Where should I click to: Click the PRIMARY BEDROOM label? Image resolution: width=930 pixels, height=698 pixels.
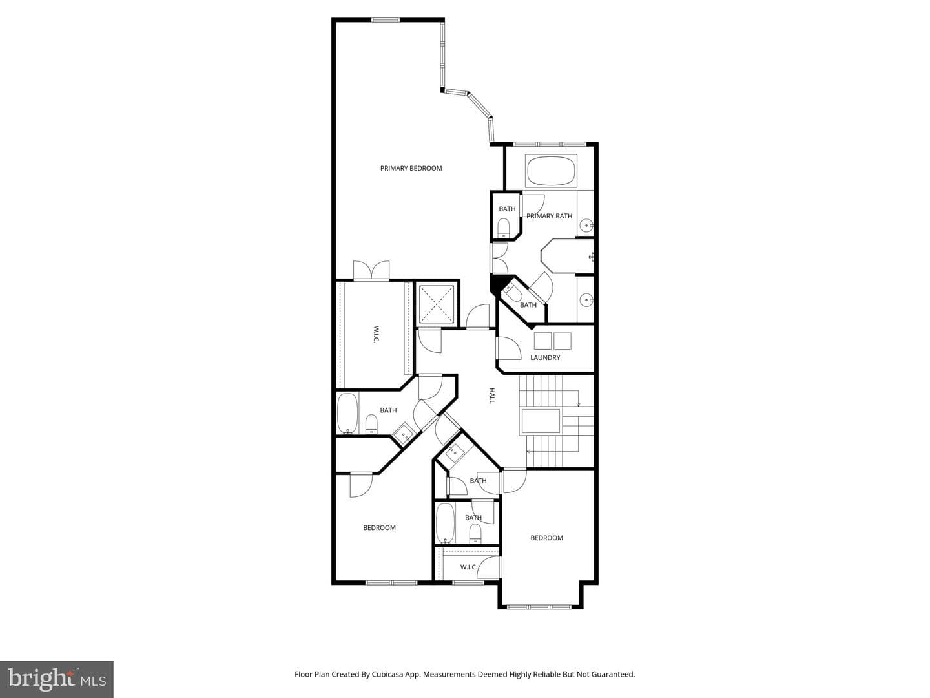point(411,168)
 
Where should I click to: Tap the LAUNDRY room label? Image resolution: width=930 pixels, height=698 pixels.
point(545,357)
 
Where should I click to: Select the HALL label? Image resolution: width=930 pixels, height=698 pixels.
point(492,396)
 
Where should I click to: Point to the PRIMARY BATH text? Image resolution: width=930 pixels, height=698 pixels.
point(549,216)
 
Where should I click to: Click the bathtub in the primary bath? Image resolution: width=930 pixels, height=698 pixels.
point(551,171)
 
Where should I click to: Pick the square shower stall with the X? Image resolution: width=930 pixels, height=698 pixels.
point(437,304)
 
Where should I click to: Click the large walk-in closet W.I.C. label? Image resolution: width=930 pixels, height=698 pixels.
point(377,334)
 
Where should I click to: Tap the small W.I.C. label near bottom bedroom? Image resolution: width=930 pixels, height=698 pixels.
point(469,567)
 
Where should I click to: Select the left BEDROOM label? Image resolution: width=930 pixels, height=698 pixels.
point(379,527)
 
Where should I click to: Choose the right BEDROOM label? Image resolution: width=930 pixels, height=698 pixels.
point(546,538)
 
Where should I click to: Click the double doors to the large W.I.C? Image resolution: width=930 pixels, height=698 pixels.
point(371,271)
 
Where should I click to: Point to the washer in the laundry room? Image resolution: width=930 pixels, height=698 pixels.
point(542,341)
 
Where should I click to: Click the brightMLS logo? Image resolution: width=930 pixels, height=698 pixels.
point(57,679)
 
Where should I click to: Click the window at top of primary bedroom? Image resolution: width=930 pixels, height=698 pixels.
point(386,20)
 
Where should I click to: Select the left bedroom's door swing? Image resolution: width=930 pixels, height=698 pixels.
point(362,485)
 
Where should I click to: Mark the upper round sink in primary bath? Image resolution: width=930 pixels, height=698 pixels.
point(587,226)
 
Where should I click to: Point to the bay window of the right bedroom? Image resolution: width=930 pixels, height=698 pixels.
point(540,607)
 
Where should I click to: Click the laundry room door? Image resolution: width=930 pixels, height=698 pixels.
point(508,348)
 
